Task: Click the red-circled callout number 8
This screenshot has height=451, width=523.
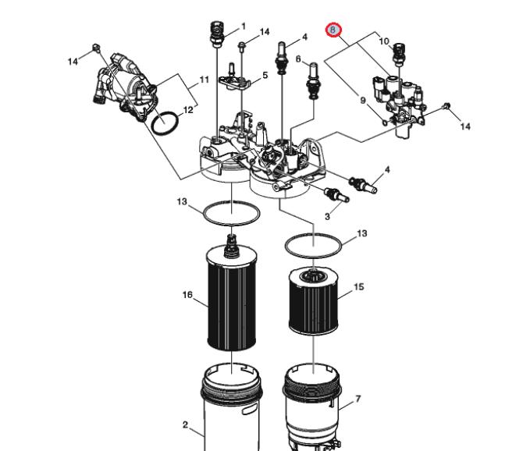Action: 333,30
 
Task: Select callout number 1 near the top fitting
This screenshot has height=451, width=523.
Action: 244,26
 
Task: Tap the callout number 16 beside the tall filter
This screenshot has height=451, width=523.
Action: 188,295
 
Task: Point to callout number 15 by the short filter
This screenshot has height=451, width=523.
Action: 358,286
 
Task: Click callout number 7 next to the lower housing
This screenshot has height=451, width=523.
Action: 358,399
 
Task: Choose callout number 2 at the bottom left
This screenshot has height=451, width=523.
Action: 186,424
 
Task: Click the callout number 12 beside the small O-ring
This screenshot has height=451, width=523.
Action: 188,110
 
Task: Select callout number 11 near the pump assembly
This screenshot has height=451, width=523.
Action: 205,80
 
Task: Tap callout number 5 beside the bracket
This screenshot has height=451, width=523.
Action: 265,76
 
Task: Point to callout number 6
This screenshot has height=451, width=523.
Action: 298,59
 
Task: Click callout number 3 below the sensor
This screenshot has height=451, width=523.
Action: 327,216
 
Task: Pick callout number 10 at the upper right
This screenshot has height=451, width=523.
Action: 384,41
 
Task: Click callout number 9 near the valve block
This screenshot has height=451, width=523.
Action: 363,100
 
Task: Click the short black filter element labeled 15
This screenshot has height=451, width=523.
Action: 314,302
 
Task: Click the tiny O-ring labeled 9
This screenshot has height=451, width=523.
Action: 385,123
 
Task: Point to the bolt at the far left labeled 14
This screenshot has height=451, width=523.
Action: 96,48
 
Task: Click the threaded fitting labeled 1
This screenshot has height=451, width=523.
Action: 217,34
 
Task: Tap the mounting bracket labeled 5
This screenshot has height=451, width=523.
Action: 234,80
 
